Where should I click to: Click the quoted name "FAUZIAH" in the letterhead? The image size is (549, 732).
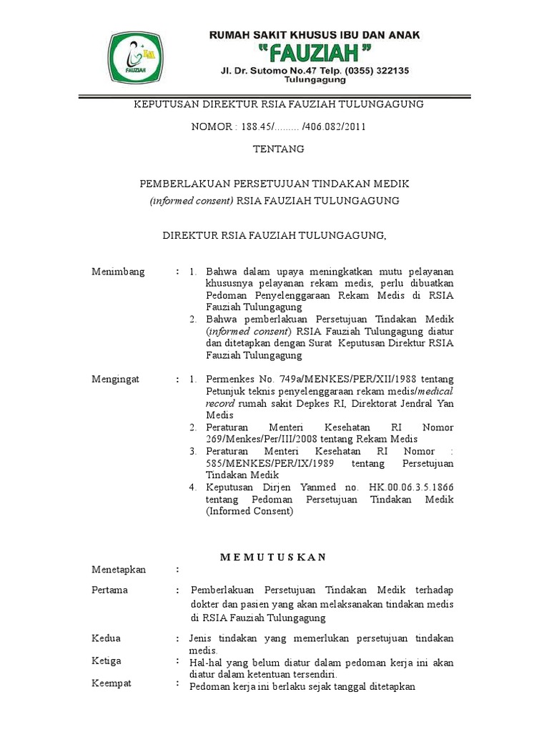[315, 52]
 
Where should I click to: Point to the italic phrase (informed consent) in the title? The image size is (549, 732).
[191, 201]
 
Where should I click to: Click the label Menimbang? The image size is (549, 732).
[118, 272]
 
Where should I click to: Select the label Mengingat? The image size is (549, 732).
[116, 379]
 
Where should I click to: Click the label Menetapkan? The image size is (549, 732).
[119, 569]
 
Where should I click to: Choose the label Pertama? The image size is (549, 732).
[110, 590]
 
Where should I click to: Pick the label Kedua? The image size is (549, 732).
[107, 638]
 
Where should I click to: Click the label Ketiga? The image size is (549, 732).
[107, 661]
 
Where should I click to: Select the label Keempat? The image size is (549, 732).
[112, 684]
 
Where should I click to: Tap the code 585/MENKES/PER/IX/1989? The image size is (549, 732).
[266, 464]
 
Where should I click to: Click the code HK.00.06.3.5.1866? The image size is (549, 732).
[411, 488]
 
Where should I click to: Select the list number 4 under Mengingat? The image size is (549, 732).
[192, 488]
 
